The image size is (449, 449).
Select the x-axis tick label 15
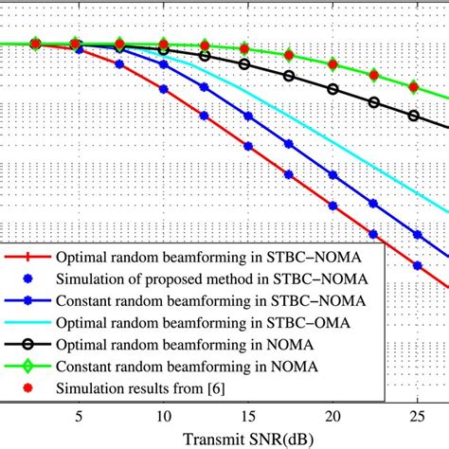(248, 416)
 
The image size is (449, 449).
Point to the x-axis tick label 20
(332, 416)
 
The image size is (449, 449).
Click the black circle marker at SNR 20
(332, 90)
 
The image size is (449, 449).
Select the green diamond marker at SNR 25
(414, 86)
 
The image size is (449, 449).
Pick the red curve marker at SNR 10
(165, 90)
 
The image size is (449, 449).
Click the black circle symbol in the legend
(35, 344)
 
